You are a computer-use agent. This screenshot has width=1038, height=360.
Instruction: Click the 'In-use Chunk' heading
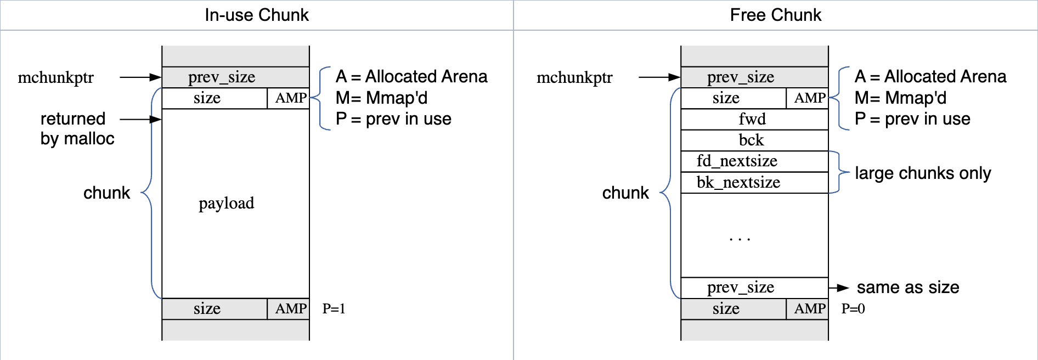pos(257,15)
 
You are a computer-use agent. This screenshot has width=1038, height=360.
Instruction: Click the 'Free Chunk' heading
pos(775,15)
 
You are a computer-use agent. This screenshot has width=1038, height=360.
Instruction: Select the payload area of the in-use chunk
pos(226,203)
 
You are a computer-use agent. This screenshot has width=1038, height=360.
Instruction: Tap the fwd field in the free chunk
pos(752,119)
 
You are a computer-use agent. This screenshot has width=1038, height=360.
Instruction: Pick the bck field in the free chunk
pos(752,140)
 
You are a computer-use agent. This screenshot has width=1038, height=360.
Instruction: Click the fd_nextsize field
pos(737,161)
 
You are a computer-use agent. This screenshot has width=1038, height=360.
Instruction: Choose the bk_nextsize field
pos(738,182)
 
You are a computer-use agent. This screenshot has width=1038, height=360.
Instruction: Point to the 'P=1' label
pos(334,308)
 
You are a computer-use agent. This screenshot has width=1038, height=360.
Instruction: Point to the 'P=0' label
pos(853,308)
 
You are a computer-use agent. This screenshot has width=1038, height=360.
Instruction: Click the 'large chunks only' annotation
pos(923,173)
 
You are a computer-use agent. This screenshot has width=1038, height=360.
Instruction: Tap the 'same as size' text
pos(908,287)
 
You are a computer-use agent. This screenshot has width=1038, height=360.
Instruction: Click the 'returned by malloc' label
pos(77,128)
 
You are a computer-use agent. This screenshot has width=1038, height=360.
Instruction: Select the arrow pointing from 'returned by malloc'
pos(140,119)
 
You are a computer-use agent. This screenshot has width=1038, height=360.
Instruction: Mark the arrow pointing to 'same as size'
pos(839,288)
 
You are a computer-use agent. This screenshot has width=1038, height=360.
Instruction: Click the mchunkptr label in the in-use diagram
pos(56,77)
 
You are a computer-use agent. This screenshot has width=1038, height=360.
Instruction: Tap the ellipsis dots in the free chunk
pos(740,239)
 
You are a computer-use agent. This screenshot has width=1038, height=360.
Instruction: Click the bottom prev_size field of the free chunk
pos(741,287)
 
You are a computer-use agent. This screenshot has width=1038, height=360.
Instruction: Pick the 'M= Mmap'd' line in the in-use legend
pos(382,98)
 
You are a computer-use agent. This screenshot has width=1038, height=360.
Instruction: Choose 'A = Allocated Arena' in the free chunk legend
pos(930,76)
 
